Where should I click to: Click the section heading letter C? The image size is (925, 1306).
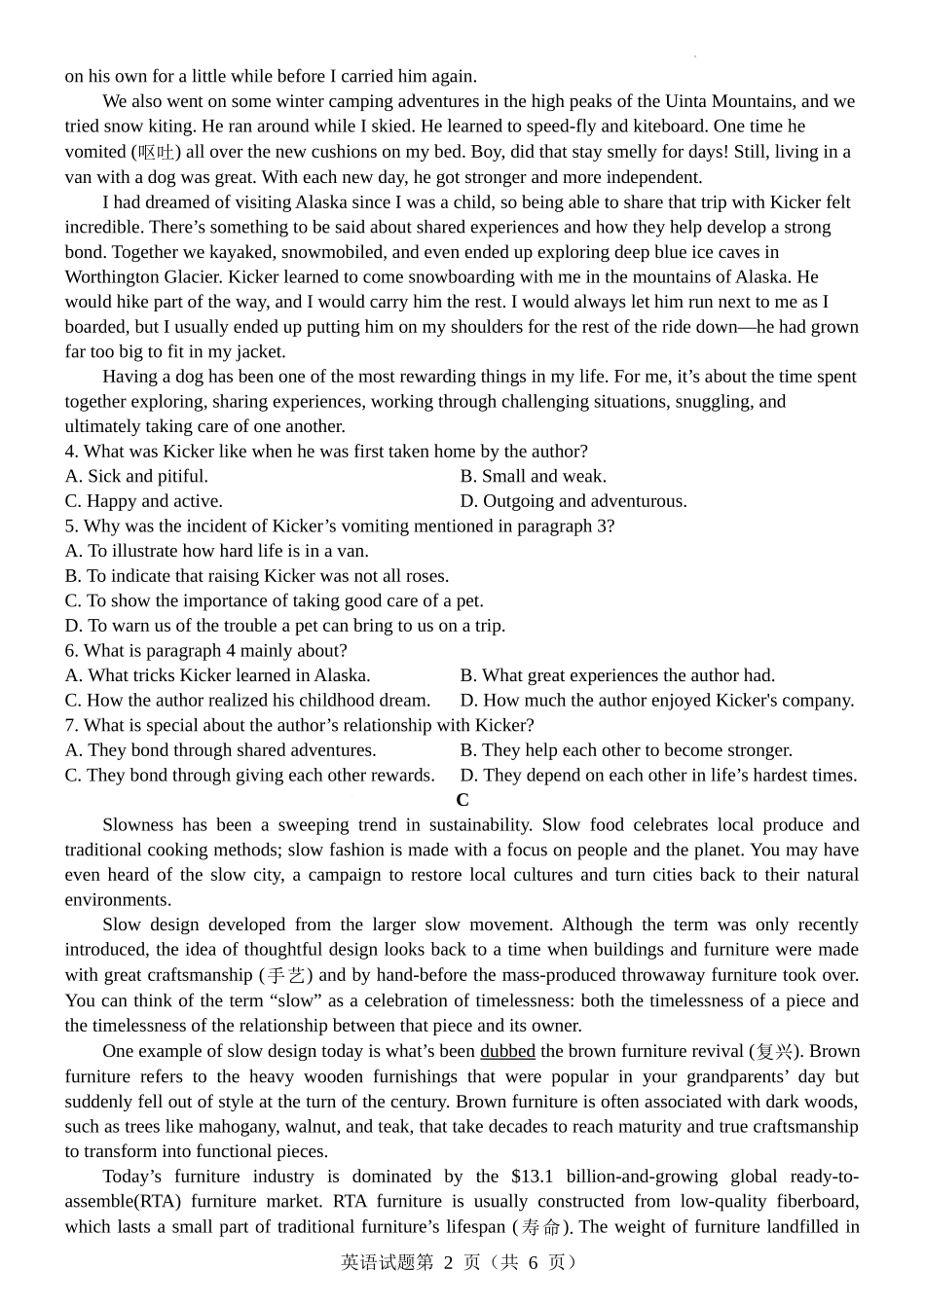(462, 800)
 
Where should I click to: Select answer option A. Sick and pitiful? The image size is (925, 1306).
(136, 476)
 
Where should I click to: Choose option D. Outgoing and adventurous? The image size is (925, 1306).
(573, 501)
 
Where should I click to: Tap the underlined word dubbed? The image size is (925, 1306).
(507, 1051)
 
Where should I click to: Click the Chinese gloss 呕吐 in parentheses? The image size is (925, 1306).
(156, 152)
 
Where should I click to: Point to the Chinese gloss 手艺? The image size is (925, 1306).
(284, 975)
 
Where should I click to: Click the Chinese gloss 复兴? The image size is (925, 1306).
(775, 1051)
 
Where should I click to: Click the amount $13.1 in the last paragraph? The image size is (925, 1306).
(532, 1177)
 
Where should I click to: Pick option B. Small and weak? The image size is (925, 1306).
(534, 476)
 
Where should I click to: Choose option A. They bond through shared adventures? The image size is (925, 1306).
(220, 750)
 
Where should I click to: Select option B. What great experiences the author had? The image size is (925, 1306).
(617, 675)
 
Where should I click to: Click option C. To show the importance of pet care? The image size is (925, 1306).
(274, 600)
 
